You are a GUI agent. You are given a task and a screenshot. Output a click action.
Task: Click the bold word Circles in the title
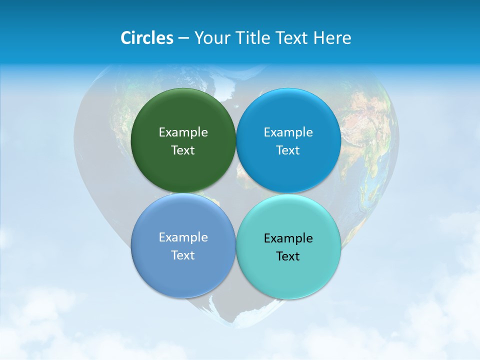click(146, 38)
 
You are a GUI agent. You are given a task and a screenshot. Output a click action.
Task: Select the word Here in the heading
click(332, 38)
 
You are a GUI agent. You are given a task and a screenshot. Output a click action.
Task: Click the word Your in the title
click(210, 38)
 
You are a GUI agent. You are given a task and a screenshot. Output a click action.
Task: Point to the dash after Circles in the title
click(183, 38)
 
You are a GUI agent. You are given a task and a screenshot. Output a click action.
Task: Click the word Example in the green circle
click(183, 132)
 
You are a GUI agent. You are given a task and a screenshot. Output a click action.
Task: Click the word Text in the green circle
click(183, 150)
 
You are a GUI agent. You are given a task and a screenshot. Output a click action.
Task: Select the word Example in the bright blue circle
click(288, 132)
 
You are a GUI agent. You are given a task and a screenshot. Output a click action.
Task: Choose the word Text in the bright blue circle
click(288, 150)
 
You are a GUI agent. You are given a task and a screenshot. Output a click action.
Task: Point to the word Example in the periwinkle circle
click(183, 237)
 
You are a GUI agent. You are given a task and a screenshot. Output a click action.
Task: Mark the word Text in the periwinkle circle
click(183, 255)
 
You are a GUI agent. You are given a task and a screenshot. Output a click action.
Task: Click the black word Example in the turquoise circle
click(288, 238)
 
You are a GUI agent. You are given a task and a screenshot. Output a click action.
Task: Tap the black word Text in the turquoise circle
click(288, 256)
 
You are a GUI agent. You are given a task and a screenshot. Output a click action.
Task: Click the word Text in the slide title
click(290, 38)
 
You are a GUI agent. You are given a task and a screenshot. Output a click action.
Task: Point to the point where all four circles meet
click(236, 193)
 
